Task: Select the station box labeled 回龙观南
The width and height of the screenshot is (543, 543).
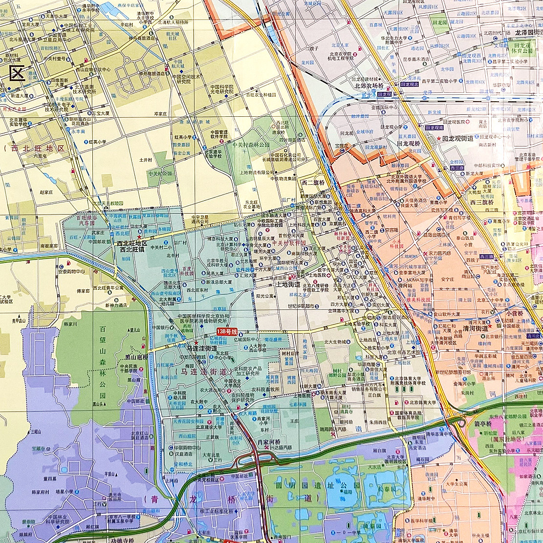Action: coord(434,128)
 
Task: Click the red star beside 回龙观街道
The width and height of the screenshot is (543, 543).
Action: coord(438,139)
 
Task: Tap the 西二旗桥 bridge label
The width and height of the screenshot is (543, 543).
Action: coord(313,182)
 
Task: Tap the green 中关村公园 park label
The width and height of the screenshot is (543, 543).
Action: coord(160,173)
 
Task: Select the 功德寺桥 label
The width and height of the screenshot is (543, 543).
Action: coord(122,540)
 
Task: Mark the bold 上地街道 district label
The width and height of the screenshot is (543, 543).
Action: coord(288,284)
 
